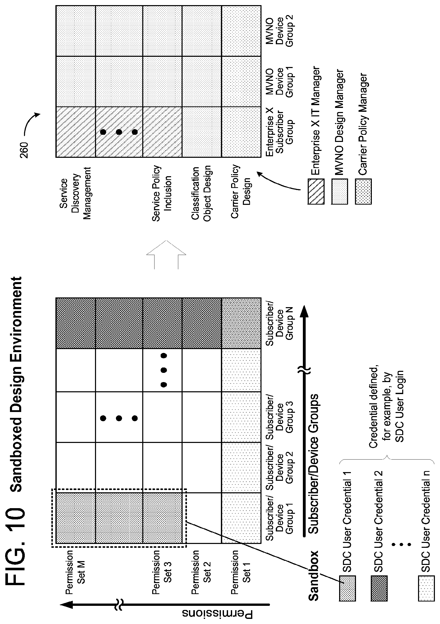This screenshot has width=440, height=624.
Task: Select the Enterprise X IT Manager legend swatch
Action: pyautogui.click(x=316, y=192)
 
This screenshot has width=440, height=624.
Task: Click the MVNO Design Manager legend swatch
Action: pyautogui.click(x=340, y=192)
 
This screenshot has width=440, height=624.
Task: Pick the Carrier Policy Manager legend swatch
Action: pyautogui.click(x=363, y=192)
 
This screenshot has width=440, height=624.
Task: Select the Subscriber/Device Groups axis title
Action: pyautogui.click(x=313, y=464)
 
